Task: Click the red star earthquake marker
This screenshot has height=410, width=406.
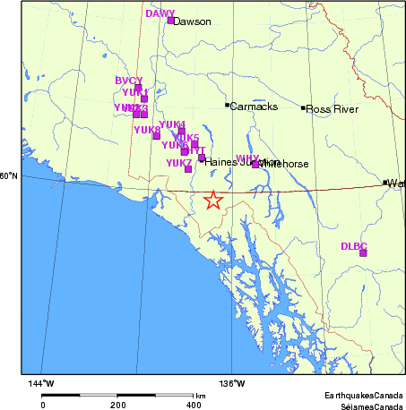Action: (212, 200)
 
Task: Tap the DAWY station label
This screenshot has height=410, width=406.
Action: (160, 13)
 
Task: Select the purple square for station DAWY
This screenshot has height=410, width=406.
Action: (170, 20)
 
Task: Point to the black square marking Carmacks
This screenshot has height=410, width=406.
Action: (227, 105)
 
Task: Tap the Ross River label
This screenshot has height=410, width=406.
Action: (333, 109)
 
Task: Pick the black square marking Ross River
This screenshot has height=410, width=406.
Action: (305, 108)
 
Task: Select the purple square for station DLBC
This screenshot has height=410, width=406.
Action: (363, 252)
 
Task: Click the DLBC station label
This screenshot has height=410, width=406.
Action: (354, 245)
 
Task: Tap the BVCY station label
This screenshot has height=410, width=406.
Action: (129, 81)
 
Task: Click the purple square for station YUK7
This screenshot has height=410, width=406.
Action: (188, 168)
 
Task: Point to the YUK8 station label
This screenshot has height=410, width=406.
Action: (146, 130)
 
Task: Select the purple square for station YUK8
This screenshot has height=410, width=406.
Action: (157, 136)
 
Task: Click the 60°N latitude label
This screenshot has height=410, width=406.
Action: (8, 175)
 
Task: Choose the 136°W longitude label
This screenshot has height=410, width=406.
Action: (233, 383)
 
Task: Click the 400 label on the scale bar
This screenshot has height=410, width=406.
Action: (194, 405)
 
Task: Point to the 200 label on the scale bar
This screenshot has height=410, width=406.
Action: (118, 405)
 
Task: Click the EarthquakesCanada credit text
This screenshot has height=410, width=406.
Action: (363, 395)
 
